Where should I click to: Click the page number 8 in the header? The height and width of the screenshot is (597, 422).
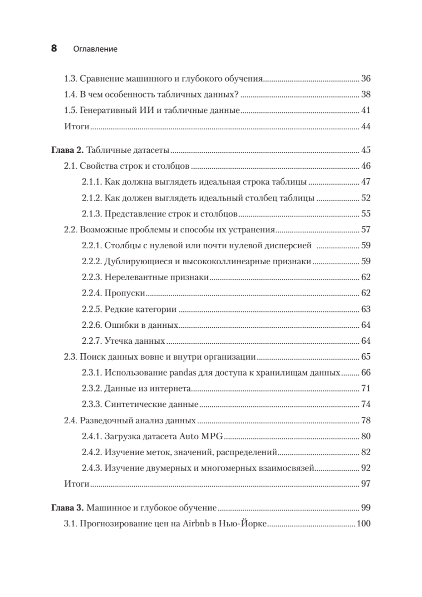(x=54, y=49)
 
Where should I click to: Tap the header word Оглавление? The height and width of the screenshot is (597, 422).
(x=95, y=49)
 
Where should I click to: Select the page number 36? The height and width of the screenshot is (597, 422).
(x=366, y=79)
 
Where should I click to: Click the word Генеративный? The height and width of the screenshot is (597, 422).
(x=107, y=110)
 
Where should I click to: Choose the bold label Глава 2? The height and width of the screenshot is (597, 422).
(x=68, y=150)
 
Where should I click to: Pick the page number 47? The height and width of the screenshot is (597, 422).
(x=366, y=182)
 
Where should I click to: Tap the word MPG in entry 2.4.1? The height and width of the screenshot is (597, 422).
(x=213, y=437)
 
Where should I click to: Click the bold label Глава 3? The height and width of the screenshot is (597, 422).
(x=68, y=508)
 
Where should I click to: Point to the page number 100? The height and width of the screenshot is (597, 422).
(x=364, y=523)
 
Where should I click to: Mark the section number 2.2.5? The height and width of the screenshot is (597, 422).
(x=91, y=309)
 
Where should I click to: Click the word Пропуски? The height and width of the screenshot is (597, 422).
(x=124, y=293)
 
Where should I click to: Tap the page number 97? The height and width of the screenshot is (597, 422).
(x=366, y=484)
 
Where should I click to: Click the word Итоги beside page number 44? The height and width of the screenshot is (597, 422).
(x=77, y=126)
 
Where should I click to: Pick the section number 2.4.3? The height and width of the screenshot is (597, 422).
(x=91, y=468)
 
